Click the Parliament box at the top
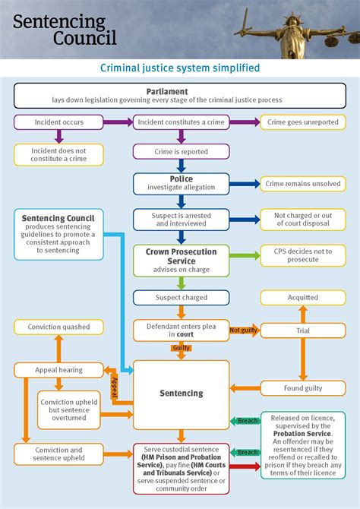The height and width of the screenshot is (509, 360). tap(179, 96)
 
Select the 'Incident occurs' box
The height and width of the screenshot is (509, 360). tap(58, 122)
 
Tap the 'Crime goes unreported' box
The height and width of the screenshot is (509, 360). tap(303, 122)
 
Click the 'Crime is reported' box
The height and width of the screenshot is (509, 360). tap(181, 151)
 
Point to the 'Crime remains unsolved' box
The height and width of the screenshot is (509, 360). tap(303, 183)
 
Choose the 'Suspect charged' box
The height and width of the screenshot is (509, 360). tap(181, 298)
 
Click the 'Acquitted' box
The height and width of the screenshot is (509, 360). tap(303, 298)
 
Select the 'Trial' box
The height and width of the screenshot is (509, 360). tap(303, 330)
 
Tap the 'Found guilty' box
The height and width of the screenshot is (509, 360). tap(303, 388)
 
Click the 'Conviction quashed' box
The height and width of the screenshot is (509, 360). tap(58, 327)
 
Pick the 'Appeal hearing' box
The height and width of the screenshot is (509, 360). tap(58, 370)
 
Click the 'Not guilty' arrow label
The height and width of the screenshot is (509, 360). tap(244, 330)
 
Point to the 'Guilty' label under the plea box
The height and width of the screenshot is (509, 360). tap(181, 349)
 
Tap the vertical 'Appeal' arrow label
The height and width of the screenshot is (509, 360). tap(115, 385)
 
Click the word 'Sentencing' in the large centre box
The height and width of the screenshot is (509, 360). tap(181, 394)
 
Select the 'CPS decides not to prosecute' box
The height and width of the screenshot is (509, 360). tap(303, 255)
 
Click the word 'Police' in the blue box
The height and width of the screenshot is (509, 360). tap(181, 179)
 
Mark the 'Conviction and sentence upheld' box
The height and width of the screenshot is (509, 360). tap(58, 454)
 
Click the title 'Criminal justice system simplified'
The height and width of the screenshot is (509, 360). tap(180, 68)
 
